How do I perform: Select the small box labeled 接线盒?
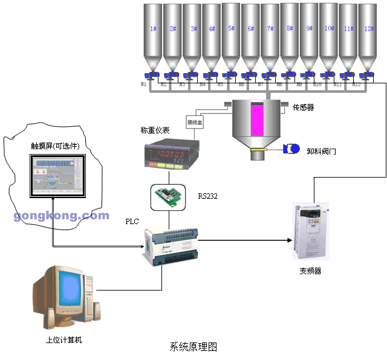(x=195, y=121)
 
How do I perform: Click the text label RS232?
(x=207, y=196)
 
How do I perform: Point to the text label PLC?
(x=132, y=222)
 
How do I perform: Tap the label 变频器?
(x=310, y=271)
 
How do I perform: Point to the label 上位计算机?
(x=63, y=340)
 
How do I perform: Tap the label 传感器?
(x=304, y=108)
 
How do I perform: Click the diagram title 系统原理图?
(x=193, y=347)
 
